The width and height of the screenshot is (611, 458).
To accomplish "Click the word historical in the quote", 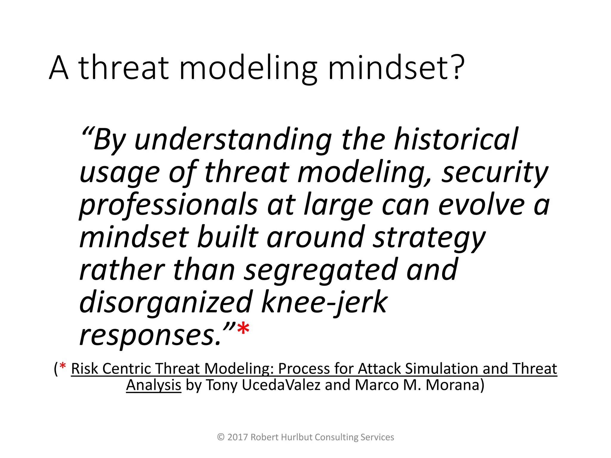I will point(456,139).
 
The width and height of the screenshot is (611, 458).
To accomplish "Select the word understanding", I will point(233,140).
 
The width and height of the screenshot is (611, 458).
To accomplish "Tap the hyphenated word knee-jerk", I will point(324,303).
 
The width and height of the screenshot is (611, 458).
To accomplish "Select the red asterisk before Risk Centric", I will point(63,366).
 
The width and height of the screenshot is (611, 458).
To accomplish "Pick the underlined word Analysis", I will point(154,385).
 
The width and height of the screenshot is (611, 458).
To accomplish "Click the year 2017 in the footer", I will point(237,437).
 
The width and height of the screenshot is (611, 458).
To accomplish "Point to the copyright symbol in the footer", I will point(221,437).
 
